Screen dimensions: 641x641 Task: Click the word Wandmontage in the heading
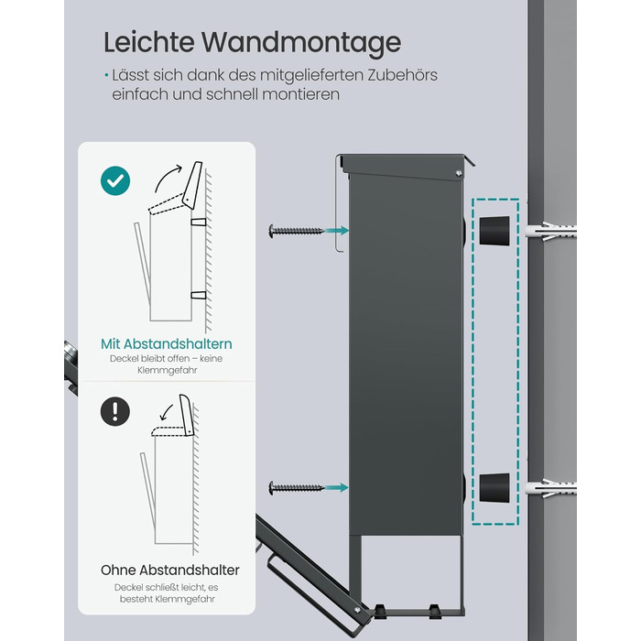pos(301,42)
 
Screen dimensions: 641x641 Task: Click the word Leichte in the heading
pos(148,42)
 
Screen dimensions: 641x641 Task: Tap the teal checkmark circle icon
pos(115,180)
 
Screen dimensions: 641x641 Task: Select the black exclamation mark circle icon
pos(115,411)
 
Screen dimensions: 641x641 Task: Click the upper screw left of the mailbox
pos(296,231)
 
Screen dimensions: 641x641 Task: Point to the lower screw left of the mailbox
pos(296,488)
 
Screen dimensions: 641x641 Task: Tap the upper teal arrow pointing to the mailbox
pos(337,231)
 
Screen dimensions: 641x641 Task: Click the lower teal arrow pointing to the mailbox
pos(337,488)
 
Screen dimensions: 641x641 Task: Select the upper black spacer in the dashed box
pos(494,231)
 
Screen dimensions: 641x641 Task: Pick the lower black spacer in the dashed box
pos(494,488)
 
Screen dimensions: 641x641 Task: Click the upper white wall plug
pos(550,232)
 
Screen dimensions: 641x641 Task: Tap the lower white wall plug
pos(550,488)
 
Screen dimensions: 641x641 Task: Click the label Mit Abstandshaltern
pos(167,343)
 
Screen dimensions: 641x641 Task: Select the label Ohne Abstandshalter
pos(170,570)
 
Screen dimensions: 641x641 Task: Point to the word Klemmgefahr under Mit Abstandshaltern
pos(168,370)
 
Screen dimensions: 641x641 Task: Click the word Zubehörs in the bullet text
pos(402,75)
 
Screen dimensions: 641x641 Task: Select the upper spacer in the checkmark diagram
pos(199,222)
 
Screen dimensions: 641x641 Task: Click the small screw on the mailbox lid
pos(458,174)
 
